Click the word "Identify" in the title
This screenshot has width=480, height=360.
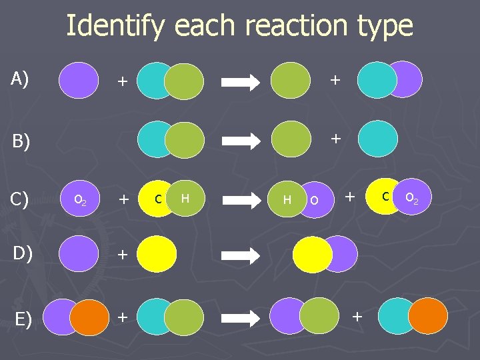(114, 26)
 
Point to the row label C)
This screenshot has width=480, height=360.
(20, 199)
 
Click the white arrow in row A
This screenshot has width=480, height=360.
(242, 82)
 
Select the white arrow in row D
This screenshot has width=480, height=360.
(242, 255)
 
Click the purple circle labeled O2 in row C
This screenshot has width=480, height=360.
(79, 198)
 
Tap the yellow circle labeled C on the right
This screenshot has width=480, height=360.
(384, 196)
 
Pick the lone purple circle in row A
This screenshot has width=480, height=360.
(78, 80)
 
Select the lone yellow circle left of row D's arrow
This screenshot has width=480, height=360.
(158, 254)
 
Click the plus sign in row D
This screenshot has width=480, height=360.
(122, 253)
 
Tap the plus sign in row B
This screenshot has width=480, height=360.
(335, 138)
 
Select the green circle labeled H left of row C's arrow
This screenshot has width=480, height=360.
(186, 198)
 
